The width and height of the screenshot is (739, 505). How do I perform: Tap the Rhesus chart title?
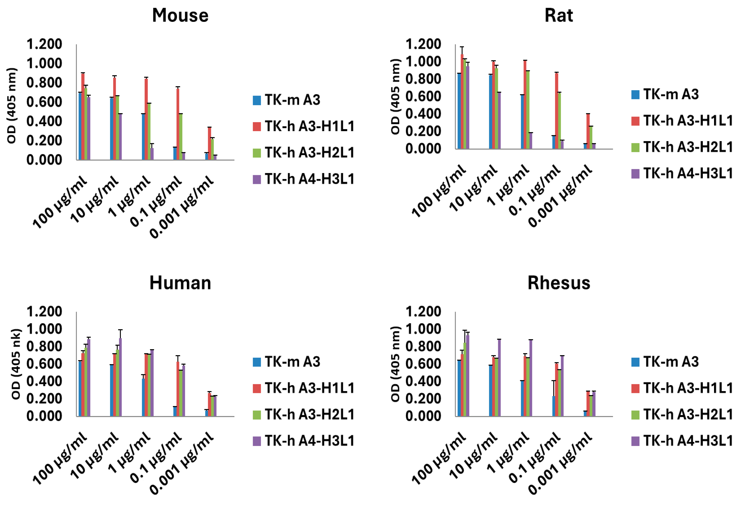pos(558,283)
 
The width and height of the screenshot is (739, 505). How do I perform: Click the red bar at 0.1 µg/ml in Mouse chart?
pos(178,124)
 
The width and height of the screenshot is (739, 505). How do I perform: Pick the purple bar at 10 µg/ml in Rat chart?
pos(499,121)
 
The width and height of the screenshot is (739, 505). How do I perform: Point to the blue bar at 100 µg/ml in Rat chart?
pos(459,111)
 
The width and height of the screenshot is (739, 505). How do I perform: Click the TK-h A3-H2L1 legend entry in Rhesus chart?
pos(682,414)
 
